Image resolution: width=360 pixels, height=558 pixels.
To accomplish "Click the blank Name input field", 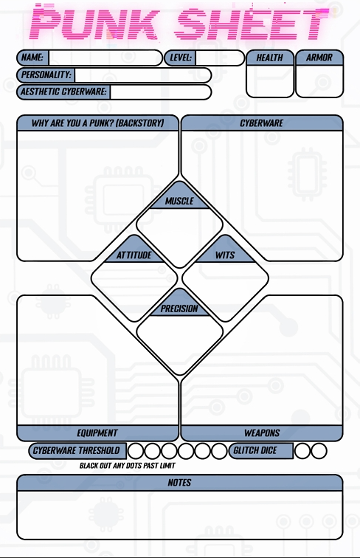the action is (105, 58).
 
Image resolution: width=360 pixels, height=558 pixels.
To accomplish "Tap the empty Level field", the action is (220, 58).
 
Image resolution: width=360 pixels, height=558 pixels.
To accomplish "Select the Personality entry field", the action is (142, 75).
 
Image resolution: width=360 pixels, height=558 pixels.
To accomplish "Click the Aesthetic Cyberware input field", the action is (160, 92).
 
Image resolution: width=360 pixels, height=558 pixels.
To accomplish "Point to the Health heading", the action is (270, 58).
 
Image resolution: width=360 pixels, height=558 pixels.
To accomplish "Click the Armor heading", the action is (319, 58).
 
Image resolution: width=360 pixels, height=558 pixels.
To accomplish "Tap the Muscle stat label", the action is (179, 201).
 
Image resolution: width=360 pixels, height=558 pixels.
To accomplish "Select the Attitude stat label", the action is (134, 255).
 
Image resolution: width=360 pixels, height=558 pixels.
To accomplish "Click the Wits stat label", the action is (225, 255).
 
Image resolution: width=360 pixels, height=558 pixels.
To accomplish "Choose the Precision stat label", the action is (179, 309).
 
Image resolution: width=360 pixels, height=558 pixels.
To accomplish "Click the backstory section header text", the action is (98, 123).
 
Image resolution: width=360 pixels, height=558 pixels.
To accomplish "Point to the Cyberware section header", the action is (261, 123).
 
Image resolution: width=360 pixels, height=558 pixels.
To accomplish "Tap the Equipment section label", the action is (97, 433).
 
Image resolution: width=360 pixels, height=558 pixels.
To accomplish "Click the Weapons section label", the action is (262, 433).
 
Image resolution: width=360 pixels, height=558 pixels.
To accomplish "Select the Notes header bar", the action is (180, 483).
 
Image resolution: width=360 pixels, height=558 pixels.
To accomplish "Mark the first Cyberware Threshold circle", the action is (135, 451).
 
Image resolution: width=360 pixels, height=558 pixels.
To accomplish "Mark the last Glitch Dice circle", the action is (319, 451).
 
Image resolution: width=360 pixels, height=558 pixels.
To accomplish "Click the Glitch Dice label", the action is (255, 450).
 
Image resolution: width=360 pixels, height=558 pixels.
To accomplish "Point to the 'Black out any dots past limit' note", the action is (128, 466).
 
